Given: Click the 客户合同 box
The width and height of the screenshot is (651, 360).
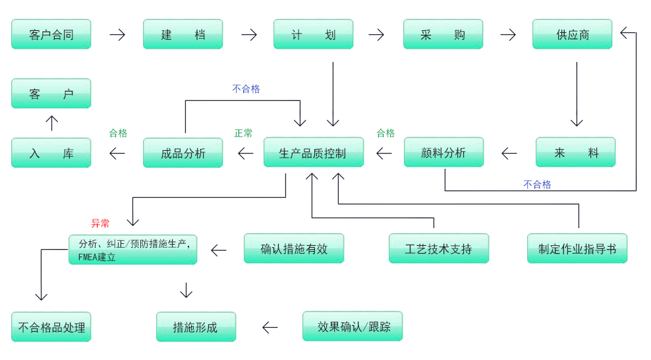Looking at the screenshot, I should (x=51, y=34).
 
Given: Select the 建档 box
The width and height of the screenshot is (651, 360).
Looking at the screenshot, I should (x=183, y=34).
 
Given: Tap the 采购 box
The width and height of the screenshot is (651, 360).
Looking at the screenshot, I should (x=443, y=34).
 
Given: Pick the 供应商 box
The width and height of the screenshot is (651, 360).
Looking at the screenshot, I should (x=572, y=34).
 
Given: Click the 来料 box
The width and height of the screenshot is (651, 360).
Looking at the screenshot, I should (x=575, y=152).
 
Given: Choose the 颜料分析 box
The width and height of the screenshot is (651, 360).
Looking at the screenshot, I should (x=443, y=152).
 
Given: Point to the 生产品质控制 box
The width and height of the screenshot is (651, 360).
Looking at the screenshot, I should (x=313, y=152).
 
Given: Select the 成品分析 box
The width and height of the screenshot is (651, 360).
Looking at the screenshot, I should (x=183, y=152).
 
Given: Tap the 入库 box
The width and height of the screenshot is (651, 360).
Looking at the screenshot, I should (x=51, y=152).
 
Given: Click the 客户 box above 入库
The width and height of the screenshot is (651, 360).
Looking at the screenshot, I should (x=51, y=94).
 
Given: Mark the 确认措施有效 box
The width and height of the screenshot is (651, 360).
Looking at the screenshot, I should (x=294, y=249).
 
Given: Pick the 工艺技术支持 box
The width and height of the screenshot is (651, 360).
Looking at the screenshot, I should (x=439, y=249).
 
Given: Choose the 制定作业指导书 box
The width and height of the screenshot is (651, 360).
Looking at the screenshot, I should (x=577, y=249).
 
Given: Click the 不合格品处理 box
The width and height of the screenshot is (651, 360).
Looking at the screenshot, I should (x=51, y=327).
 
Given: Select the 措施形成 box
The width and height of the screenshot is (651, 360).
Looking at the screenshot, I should (x=196, y=327).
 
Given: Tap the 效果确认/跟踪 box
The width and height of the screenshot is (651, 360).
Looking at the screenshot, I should (x=353, y=326).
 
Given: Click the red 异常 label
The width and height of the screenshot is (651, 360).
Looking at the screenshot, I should (x=100, y=224).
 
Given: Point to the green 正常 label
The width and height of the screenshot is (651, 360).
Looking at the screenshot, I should (x=243, y=133).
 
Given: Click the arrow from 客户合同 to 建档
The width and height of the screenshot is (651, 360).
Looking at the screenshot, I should (x=117, y=34).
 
